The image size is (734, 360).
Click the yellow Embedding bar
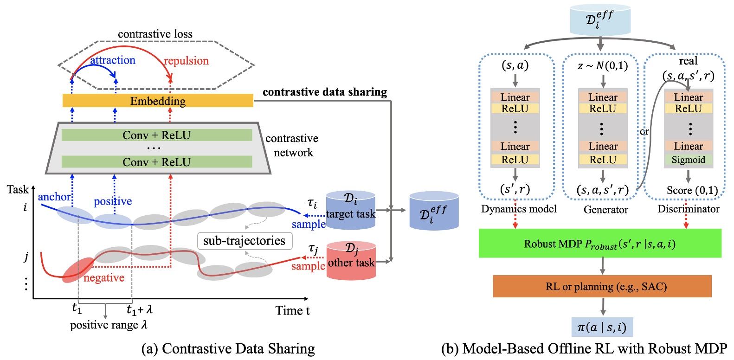158,101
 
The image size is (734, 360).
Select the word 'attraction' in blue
113,60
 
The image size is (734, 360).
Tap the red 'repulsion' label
187,61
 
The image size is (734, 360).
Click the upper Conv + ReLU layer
157,135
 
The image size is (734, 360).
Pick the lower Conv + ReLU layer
157,162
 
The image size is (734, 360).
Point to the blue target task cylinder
351,211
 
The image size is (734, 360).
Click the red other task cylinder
351,261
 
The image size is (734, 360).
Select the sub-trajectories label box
245,241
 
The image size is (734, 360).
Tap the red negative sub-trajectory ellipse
77,270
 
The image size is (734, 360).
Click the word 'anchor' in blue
54,197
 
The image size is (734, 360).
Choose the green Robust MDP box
600,244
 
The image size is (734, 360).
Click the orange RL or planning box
602,286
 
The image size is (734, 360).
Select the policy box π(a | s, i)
602,328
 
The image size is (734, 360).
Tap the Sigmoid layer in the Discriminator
689,160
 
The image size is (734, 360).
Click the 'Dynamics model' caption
519,209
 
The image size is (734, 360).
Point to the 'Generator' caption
605,210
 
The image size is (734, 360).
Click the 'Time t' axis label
292,310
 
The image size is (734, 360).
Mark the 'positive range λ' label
109,325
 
